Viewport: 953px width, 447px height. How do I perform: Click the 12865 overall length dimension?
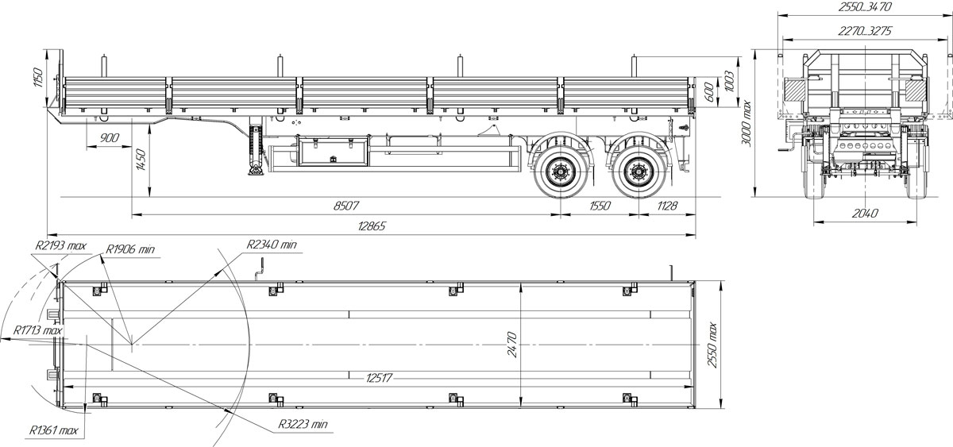(372, 225)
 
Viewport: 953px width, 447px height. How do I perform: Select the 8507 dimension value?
(346, 206)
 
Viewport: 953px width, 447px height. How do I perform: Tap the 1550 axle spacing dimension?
(600, 206)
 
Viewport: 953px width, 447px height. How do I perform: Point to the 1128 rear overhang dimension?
(666, 206)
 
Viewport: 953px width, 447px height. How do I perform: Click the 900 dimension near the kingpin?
(110, 138)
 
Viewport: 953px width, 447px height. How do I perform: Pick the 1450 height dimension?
(141, 160)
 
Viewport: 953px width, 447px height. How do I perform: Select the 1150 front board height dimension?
(38, 77)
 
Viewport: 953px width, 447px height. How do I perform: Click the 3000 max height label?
(747, 123)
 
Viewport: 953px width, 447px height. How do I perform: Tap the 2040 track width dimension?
(865, 213)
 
